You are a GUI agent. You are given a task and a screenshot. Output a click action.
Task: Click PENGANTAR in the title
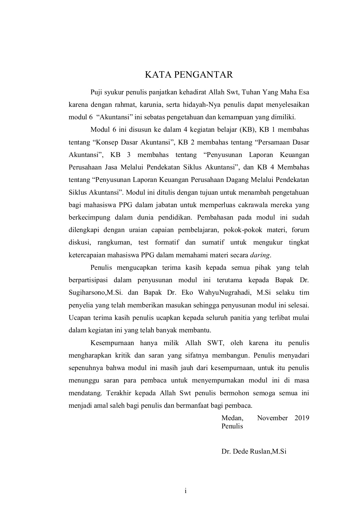[203, 75]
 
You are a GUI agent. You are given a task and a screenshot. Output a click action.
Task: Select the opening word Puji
[96, 92]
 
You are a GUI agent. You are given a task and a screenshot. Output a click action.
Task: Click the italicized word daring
[259, 255]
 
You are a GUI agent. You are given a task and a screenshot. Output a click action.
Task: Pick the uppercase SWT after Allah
[216, 343]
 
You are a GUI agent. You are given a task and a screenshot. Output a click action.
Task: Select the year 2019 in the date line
[302, 418]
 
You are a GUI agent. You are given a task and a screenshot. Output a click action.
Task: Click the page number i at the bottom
[185, 491]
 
